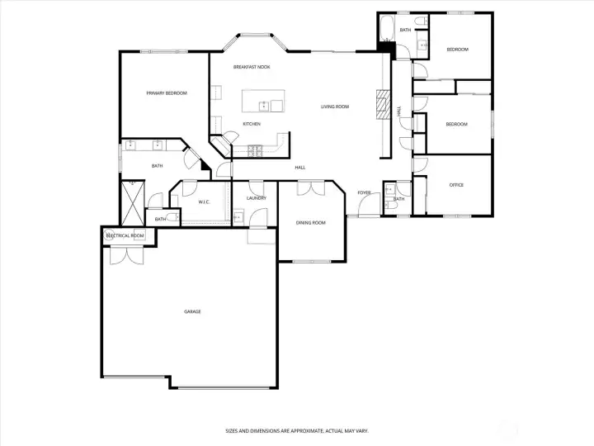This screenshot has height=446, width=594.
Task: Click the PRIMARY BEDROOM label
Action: tap(167, 93)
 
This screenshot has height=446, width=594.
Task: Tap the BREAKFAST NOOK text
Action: tap(252, 67)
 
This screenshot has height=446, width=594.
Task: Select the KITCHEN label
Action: tap(252, 124)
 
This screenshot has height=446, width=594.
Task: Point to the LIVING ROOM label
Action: tap(335, 107)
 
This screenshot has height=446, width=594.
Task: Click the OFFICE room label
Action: tap(456, 185)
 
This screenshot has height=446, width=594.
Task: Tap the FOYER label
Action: tap(364, 192)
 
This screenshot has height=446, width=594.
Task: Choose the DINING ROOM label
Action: tap(311, 223)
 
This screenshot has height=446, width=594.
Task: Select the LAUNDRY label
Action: tap(256, 198)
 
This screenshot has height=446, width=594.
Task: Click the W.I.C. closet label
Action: tap(205, 202)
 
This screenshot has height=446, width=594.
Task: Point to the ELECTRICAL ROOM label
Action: tap(125, 236)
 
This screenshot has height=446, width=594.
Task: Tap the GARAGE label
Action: tap(192, 311)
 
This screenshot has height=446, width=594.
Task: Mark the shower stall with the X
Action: tap(132, 202)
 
